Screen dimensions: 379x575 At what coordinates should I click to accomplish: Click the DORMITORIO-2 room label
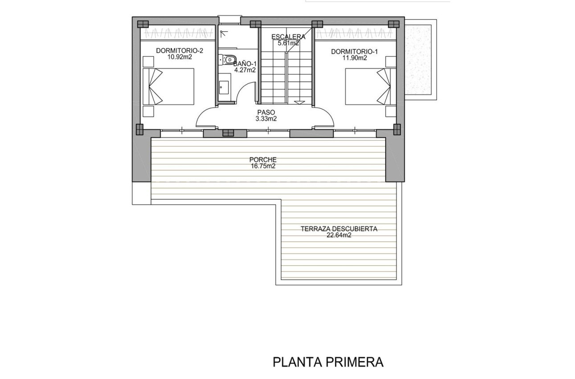179,51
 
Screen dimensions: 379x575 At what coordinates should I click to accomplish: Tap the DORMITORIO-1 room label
354,52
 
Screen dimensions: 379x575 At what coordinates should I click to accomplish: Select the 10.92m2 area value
179,58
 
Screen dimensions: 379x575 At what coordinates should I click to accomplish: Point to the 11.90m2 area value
355,58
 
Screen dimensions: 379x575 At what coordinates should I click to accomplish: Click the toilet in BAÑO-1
229,59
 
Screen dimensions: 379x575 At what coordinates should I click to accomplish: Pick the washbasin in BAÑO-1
224,87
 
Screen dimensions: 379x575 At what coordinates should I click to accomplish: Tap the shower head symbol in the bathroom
223,33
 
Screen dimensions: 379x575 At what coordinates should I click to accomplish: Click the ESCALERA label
288,37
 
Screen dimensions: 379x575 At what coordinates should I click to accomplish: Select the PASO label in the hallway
266,112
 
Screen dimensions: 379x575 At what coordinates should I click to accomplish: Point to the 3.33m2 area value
266,119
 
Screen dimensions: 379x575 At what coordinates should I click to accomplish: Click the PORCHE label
263,160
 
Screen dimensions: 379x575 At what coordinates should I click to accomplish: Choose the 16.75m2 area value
263,166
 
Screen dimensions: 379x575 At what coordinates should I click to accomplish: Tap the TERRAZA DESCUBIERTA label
339,229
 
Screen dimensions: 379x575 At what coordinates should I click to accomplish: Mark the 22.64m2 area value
339,235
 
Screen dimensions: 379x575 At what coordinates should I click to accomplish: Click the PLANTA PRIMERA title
328,362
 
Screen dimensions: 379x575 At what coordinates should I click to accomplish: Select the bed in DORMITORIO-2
168,87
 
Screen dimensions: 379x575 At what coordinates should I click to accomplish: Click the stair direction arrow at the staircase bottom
300,102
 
